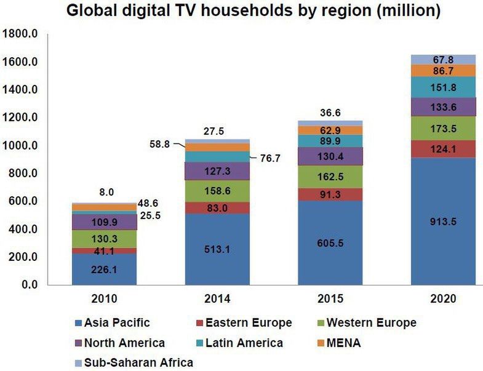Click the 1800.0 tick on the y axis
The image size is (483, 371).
(x=22, y=34)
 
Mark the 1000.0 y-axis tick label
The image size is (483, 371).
(x=22, y=146)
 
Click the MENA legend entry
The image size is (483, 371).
(x=338, y=343)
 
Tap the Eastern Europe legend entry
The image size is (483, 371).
(x=244, y=322)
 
